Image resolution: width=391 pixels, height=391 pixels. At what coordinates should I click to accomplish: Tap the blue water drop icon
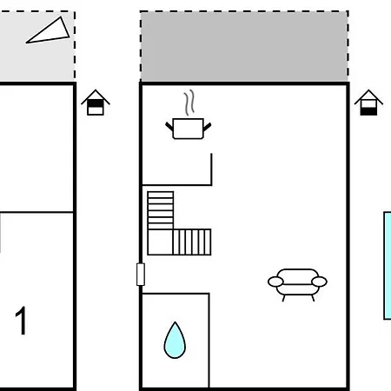175,341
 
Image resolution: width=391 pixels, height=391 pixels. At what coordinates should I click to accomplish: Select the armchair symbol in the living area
297,285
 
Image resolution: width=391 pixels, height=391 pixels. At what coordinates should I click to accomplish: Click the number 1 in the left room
21,321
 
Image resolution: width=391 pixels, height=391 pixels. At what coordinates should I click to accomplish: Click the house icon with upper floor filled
96,103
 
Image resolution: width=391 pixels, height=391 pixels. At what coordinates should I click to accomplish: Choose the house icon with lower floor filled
368,103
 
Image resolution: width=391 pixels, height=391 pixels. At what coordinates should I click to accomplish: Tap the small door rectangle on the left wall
141,275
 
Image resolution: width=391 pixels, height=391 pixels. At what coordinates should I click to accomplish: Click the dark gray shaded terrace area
244,46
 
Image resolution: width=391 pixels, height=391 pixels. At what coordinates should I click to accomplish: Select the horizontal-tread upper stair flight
161,210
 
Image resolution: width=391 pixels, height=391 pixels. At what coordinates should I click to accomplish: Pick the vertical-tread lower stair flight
192,242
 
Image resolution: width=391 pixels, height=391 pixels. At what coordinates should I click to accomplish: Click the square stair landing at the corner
161,242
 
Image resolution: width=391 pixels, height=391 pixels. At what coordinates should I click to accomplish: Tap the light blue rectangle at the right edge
388,266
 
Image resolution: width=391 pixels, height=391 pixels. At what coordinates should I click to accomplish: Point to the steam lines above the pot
189,103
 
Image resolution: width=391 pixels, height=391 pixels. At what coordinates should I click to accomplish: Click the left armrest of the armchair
275,282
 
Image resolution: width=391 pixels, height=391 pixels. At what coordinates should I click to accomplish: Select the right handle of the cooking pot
207,127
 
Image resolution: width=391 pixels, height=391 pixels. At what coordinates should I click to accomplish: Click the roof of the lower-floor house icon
368,97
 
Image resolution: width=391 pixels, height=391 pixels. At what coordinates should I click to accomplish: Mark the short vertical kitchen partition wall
211,169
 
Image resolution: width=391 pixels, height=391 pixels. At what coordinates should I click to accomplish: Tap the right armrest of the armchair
319,282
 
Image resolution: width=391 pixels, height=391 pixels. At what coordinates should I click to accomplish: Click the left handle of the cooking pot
169,126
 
